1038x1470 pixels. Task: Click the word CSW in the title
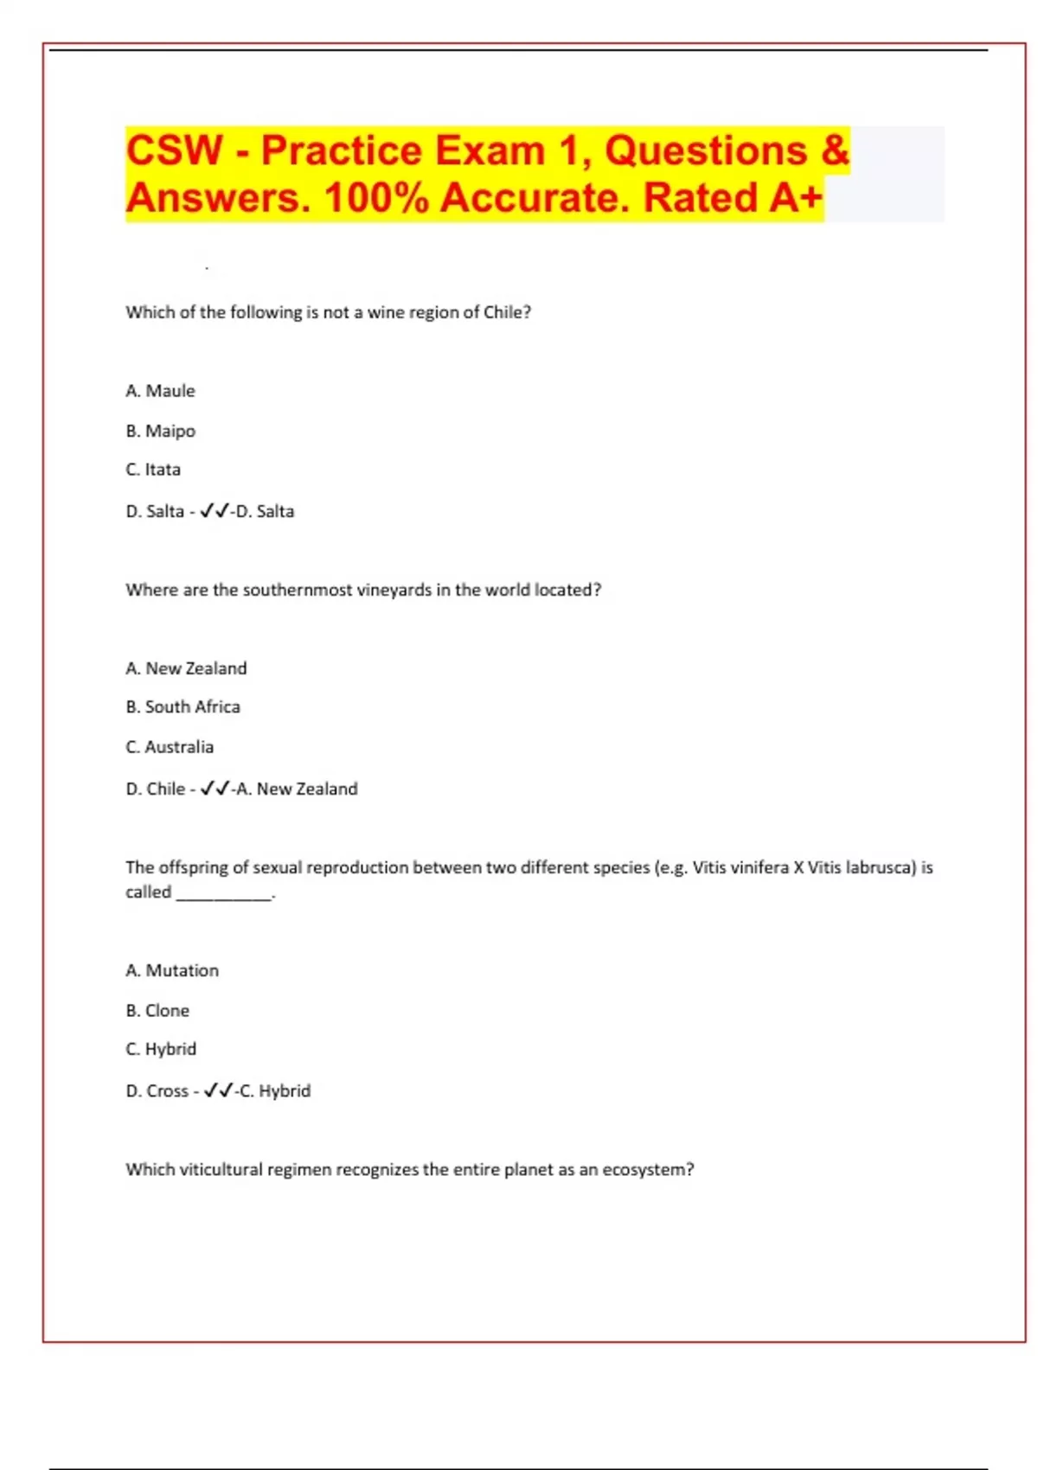coord(175,150)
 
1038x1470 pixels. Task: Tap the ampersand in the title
coord(835,150)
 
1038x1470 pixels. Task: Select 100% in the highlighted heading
coord(376,198)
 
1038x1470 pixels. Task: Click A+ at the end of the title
coord(795,198)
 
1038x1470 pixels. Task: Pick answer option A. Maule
coord(161,391)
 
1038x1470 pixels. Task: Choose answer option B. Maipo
coord(161,431)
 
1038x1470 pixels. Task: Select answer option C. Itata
coord(153,470)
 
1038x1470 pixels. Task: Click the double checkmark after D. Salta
coord(215,511)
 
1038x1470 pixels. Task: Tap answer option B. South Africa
coord(183,706)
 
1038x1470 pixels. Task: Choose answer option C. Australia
coord(170,746)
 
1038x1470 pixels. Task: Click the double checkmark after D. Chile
coord(215,789)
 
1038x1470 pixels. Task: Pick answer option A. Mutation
coord(172,970)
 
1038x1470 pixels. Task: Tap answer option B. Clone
coord(157,1010)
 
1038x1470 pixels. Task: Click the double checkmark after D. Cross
coord(218,1090)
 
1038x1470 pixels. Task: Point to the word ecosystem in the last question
coord(644,1169)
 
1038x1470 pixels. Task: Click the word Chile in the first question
coord(503,312)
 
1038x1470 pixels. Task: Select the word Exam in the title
coord(490,150)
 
